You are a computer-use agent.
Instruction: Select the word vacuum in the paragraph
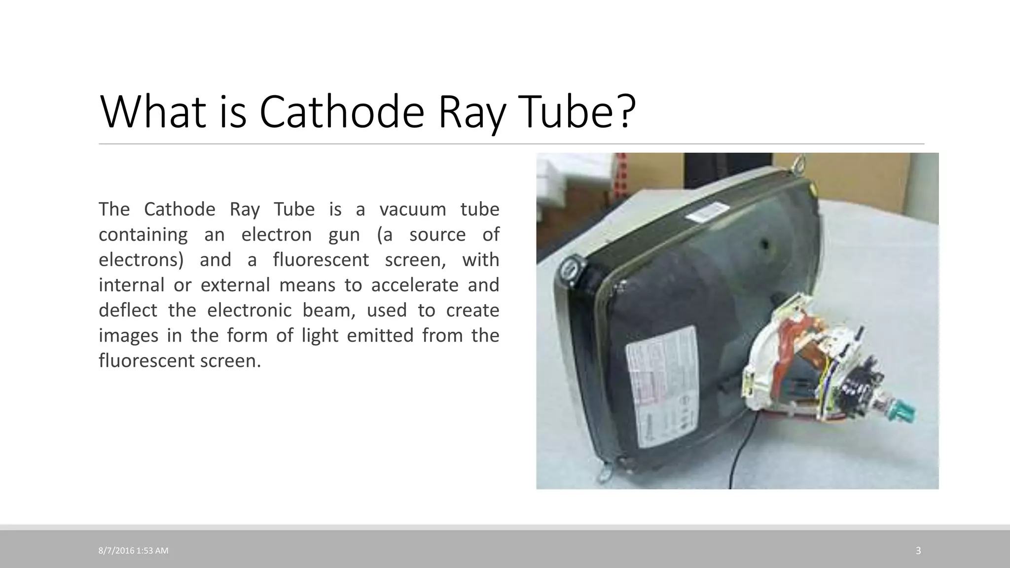pos(413,209)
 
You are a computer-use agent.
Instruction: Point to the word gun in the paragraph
pos(344,235)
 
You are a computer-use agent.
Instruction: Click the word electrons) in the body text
pos(141,260)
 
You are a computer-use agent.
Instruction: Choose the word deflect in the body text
pos(128,310)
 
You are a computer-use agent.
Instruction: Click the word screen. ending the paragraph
pos(230,361)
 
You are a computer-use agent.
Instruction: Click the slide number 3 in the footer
pos(918,551)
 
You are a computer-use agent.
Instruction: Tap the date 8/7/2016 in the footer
pos(116,551)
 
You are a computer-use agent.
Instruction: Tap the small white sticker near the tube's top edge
pos(703,217)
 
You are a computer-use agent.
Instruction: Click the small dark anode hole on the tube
pos(764,243)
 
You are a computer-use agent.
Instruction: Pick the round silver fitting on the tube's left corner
pos(571,272)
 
